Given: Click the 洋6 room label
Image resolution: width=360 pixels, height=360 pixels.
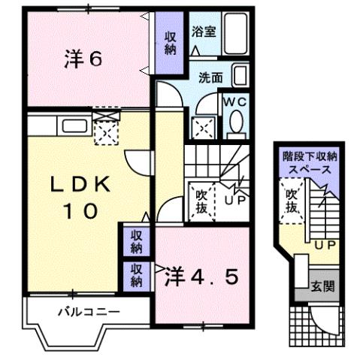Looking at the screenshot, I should click(83, 59).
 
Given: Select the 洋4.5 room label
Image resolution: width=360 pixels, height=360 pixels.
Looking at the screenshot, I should click(201, 277).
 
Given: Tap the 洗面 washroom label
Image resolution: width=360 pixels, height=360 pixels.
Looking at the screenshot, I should click(210, 77).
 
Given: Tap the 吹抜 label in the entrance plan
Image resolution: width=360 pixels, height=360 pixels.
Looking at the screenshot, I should click(292, 200).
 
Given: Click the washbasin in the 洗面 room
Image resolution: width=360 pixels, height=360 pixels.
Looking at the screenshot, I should click(239, 76).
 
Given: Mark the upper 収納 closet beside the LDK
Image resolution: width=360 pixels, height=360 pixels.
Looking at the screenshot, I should click(136, 241).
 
